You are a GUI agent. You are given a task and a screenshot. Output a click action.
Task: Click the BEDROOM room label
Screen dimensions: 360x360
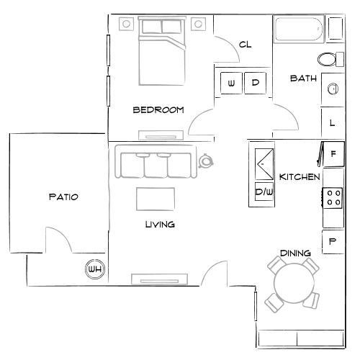(158, 110)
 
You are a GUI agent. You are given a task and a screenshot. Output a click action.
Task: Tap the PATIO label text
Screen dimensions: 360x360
(63, 196)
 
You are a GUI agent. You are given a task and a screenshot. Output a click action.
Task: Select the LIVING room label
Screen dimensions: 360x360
(160, 225)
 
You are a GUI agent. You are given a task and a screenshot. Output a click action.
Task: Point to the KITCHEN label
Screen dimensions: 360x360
(299, 177)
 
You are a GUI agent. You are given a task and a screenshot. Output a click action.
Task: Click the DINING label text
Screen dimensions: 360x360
(296, 253)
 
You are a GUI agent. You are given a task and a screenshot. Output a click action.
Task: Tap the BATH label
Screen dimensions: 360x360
(303, 78)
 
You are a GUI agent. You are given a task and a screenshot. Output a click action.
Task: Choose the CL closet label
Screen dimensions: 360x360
(245, 45)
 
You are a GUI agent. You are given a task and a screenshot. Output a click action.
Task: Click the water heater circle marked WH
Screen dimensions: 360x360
(94, 269)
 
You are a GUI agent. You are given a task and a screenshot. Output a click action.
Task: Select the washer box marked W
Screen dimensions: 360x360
(231, 83)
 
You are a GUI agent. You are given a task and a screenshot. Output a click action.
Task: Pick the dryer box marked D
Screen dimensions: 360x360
(256, 83)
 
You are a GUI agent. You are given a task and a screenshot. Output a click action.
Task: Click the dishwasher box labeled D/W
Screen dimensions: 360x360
(263, 193)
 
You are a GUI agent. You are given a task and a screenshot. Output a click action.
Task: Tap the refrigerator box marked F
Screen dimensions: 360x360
(333, 153)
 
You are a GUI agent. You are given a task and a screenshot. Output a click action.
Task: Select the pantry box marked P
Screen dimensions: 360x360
(333, 241)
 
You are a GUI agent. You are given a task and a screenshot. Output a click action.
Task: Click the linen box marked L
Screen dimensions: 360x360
(332, 122)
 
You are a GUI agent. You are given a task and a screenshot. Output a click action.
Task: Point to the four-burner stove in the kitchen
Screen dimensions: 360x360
(333, 197)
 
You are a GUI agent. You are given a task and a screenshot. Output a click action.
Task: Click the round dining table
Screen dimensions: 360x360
(293, 284)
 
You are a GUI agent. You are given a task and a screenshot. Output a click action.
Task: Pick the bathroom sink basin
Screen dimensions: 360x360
(333, 89)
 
